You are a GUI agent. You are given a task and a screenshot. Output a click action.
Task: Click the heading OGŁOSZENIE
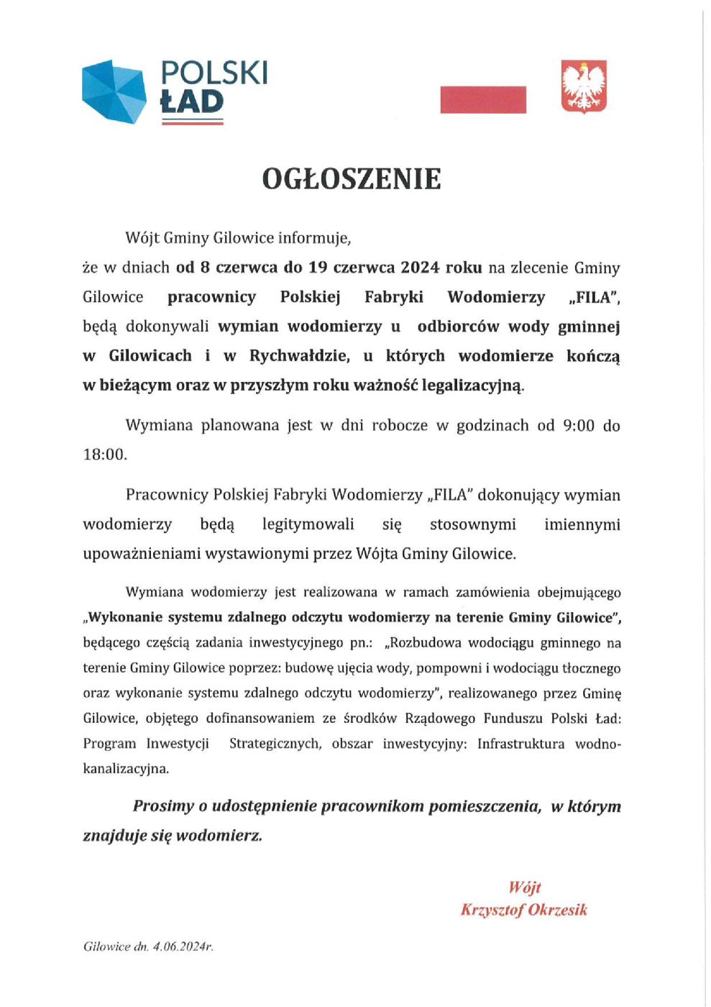click(x=351, y=179)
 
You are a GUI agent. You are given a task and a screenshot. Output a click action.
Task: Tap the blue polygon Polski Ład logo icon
click(x=114, y=91)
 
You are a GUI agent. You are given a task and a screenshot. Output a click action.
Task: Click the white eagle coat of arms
click(x=584, y=87)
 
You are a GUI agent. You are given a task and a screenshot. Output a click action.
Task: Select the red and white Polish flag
click(x=483, y=99)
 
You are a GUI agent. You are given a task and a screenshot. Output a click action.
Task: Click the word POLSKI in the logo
click(x=214, y=73)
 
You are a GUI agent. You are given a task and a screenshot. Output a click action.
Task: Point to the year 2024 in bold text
click(x=420, y=268)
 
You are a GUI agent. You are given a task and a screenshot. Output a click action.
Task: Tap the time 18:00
click(x=104, y=455)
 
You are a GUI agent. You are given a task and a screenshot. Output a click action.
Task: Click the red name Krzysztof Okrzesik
click(x=524, y=910)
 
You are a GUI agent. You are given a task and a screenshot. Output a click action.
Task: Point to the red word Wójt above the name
click(x=524, y=887)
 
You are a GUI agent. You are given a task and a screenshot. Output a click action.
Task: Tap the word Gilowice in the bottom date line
click(x=106, y=947)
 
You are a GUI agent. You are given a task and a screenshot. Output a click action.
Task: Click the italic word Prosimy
click(x=163, y=806)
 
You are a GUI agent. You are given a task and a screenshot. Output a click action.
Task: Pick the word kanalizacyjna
click(x=126, y=768)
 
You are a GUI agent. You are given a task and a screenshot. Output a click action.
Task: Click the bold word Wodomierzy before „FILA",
click(x=496, y=297)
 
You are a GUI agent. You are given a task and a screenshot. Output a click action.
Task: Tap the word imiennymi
click(x=582, y=524)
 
